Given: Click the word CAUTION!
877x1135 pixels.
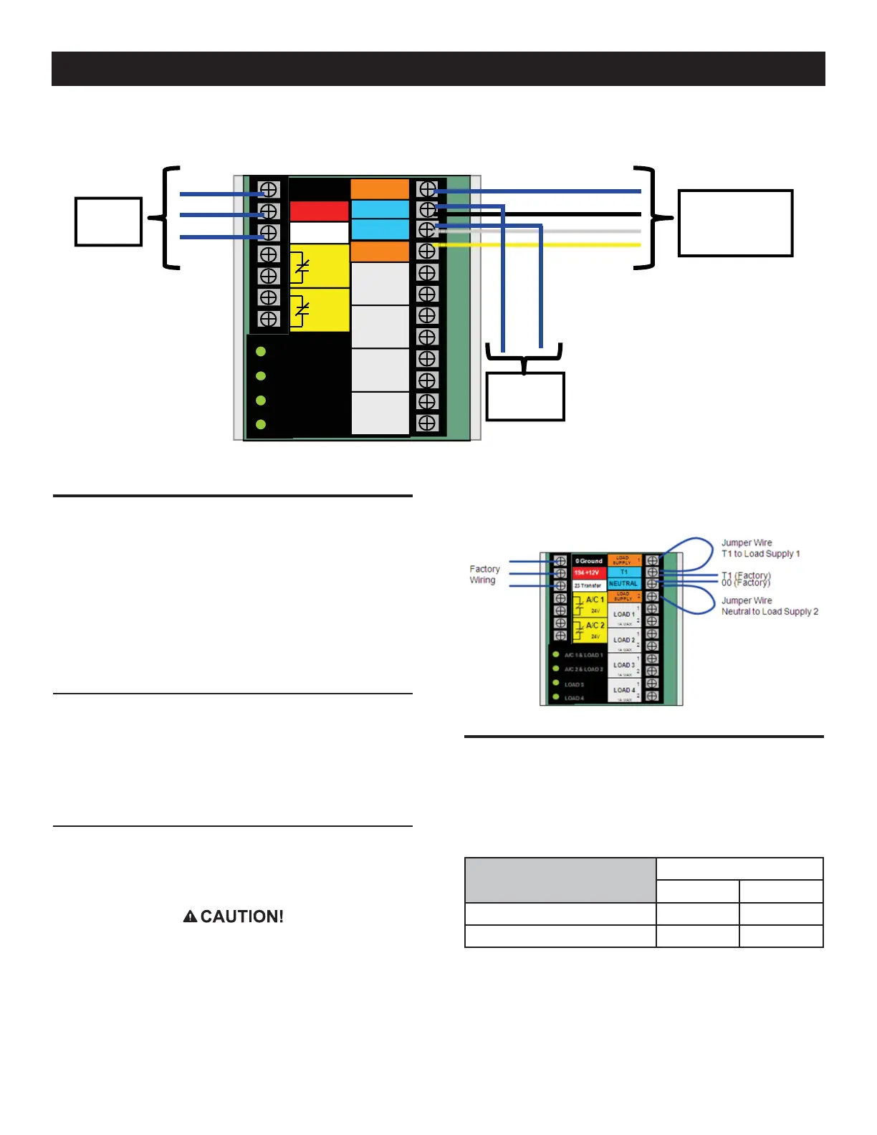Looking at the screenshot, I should pos(241,916).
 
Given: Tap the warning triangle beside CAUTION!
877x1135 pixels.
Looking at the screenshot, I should pos(190,916).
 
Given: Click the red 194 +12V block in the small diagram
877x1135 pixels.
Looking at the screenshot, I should pos(588,573).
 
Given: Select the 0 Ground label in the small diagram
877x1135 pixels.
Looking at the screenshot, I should pos(589,561).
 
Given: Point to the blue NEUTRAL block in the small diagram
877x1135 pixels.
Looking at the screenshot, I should pos(623,584).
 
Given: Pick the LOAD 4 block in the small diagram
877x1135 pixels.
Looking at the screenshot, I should pos(623,690).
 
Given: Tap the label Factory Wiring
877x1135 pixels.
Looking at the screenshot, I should pos(484,575).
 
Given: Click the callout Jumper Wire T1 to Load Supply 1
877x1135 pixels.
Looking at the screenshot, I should pos(759,548).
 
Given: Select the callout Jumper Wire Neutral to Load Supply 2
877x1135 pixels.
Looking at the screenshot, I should pos(769,606).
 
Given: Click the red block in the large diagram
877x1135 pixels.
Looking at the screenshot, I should pos(319,211).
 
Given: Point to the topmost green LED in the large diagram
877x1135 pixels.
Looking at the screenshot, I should pos(261,352).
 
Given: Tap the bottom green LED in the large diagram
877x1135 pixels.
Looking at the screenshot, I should pos(261,425).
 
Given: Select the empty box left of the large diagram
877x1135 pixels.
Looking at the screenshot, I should pos(108,222).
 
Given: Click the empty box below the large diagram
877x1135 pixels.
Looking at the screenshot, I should pos(525,396).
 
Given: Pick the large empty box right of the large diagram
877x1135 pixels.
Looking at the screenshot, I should pos(735,223).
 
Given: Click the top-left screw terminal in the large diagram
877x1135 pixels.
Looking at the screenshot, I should pos(269,190).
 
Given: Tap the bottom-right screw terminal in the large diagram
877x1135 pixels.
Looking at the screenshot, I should pos(427,423).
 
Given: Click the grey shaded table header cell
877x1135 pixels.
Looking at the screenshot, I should pos(560,880).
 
